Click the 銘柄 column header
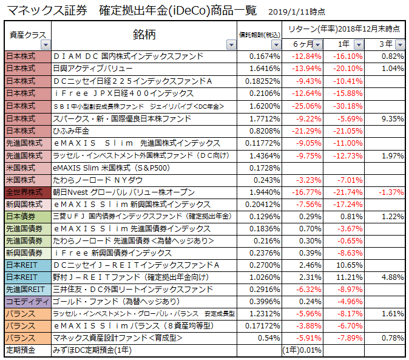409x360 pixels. pos(144,34)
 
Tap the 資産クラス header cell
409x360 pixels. pos(26,35)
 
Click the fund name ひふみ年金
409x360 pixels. pos(72,131)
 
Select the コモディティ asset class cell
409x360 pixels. pos(27,301)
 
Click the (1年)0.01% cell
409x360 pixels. pos(301,350)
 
